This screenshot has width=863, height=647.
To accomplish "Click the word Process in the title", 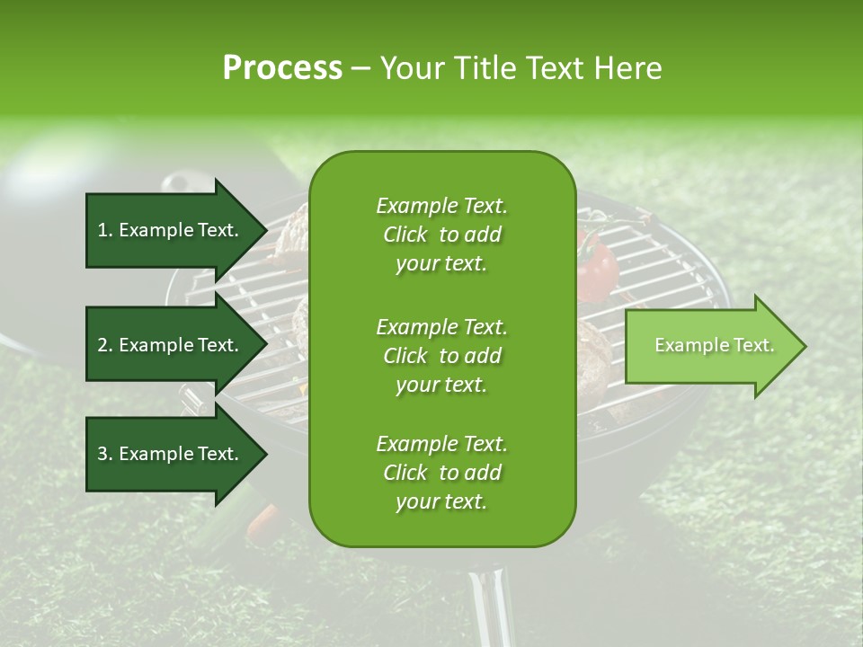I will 282,68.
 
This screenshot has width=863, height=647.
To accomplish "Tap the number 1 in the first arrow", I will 102,230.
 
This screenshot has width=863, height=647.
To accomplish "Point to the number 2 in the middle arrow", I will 102,345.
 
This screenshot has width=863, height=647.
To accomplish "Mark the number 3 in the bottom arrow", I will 102,454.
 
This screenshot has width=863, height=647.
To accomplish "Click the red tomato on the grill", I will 596,267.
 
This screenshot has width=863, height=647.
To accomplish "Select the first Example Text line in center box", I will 441,206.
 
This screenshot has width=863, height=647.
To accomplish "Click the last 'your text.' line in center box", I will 441,501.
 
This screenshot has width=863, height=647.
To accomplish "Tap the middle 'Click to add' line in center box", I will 441,356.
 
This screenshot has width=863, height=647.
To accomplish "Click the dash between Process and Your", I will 361,68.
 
